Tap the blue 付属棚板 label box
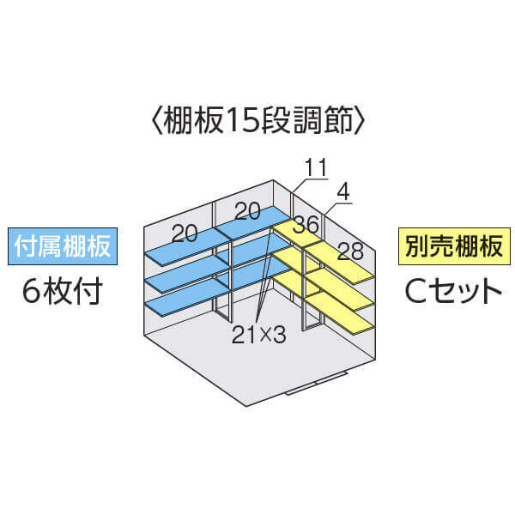(63, 246)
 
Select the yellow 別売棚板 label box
(454, 246)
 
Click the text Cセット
(453, 291)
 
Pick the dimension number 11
(316, 167)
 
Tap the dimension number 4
(343, 192)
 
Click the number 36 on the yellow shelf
(306, 224)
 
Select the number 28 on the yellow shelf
(350, 251)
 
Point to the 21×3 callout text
(259, 335)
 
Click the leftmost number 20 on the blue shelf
(185, 233)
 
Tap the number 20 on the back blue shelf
(248, 211)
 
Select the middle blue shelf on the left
(188, 275)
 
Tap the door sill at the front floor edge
(316, 384)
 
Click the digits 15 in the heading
(241, 120)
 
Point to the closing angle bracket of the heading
(359, 119)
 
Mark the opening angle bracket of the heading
(158, 119)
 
